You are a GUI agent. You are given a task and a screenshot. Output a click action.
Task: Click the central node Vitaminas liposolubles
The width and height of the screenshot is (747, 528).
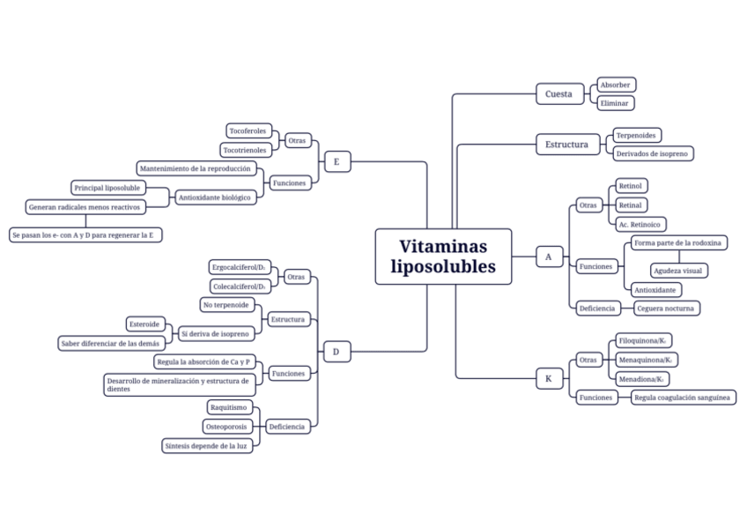443,257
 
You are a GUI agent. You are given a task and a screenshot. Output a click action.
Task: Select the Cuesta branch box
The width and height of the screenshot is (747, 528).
558,93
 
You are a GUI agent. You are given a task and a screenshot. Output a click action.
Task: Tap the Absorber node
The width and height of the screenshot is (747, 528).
615,85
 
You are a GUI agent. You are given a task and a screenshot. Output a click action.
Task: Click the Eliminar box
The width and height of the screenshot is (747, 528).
614,103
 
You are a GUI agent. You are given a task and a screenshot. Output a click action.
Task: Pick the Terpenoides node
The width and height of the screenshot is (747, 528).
637,136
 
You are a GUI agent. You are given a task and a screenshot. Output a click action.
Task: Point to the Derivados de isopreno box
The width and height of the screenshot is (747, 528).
653,153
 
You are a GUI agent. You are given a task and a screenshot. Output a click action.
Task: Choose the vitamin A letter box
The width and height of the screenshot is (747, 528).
548,257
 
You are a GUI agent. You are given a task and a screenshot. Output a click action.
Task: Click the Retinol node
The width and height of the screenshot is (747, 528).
631,186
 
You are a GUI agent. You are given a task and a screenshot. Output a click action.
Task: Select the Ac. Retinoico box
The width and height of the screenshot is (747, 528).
640,224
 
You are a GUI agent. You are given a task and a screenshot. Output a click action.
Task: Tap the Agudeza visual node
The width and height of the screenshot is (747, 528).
678,271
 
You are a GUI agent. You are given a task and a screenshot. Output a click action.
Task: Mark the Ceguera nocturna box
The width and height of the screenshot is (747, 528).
666,308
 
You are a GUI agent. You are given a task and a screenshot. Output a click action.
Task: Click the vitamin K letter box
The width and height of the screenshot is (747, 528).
548,379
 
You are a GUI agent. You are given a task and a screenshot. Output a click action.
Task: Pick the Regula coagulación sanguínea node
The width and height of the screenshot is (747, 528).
683,398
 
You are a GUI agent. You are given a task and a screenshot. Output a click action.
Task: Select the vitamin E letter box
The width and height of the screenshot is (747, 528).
337,161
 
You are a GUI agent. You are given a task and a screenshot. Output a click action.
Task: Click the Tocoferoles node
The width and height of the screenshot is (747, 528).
248,130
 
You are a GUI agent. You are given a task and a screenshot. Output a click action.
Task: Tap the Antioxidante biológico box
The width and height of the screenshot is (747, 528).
215,197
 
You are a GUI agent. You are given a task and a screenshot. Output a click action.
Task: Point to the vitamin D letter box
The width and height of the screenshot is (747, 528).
337,353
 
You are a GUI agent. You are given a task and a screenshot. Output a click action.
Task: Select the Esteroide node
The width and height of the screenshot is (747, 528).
145,324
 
